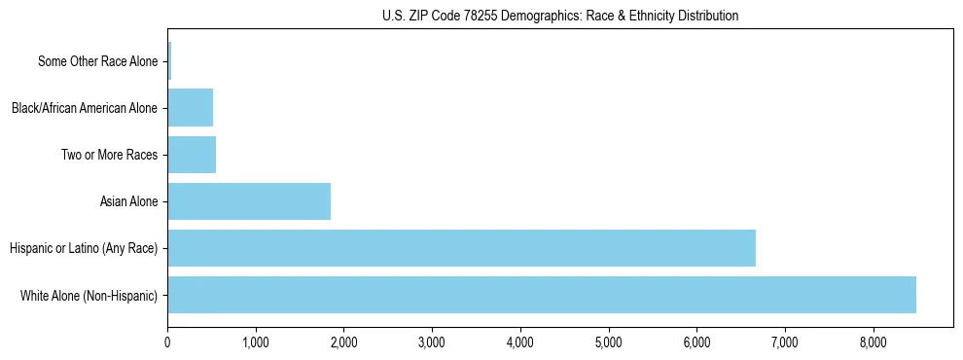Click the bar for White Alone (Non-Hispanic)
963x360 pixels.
tap(542, 295)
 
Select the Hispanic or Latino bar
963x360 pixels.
tap(461, 248)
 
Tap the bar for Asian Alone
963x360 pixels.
tap(249, 201)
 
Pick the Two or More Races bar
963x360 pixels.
tap(192, 155)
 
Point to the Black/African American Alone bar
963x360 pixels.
tap(190, 108)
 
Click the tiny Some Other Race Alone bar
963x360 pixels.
tap(169, 61)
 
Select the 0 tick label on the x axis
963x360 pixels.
tap(167, 342)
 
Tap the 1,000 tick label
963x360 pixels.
tap(256, 342)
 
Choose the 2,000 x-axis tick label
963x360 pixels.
tap(343, 342)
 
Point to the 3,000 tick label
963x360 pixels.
tap(432, 342)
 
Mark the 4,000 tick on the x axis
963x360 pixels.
tap(520, 342)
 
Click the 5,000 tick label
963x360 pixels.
tap(608, 342)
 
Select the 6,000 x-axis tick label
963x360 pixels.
tap(696, 342)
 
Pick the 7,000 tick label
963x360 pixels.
tap(784, 342)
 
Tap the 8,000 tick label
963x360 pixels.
tap(873, 342)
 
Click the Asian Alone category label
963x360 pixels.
tap(128, 202)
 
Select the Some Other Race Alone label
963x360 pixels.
tap(97, 62)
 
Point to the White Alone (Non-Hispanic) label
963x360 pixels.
tap(89, 296)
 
